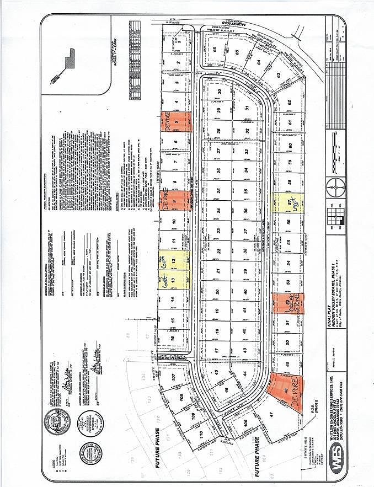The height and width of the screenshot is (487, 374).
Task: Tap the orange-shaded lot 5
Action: pos(176,121)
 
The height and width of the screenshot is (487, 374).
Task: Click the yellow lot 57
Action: pos(287,202)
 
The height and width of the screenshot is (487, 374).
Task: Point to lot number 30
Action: pos(219,92)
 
